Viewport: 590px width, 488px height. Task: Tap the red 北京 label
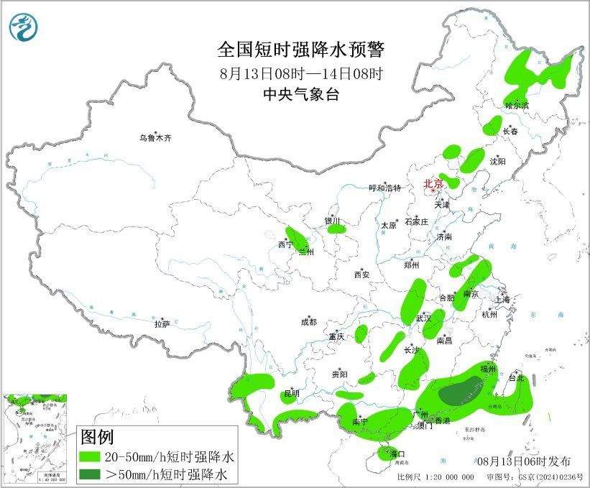433,184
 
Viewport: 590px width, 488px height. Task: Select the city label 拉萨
162,324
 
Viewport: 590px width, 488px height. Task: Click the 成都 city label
309,323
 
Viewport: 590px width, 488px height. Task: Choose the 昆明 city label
292,392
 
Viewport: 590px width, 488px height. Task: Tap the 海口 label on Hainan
397,454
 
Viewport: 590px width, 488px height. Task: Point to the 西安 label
361,275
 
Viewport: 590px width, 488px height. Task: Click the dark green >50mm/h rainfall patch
461,392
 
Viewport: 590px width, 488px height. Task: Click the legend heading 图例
97,436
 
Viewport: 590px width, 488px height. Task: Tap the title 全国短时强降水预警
301,50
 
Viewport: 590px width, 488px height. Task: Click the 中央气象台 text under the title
301,93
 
